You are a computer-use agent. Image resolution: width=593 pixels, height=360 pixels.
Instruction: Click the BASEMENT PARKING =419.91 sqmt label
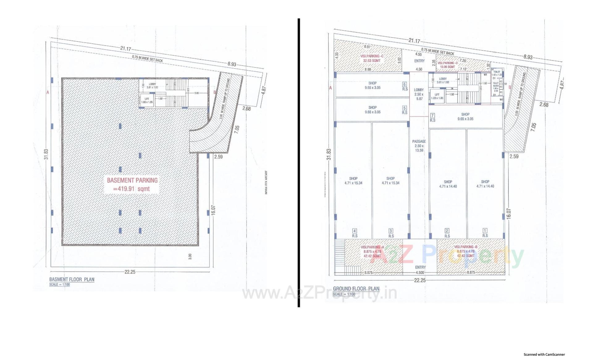(x=132, y=184)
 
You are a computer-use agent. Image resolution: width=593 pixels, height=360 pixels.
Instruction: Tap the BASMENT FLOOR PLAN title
(x=72, y=279)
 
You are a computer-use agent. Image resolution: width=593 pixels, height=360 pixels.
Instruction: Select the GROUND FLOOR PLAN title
(x=356, y=289)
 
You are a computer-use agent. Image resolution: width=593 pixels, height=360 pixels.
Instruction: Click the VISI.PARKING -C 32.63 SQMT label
(x=372, y=58)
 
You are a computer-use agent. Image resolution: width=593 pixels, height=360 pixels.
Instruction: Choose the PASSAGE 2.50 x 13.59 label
(x=419, y=146)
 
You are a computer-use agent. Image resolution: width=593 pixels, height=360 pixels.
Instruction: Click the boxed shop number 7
(x=432, y=116)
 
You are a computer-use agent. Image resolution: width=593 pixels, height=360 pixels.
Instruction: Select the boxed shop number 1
(x=485, y=231)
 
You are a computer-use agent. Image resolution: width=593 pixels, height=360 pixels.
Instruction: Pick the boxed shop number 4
(x=355, y=231)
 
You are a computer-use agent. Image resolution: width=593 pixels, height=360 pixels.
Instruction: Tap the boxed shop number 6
(x=405, y=84)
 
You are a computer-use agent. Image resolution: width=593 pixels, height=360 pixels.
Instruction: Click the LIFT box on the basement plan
(x=147, y=100)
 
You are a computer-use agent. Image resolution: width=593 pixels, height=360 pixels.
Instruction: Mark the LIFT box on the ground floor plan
(x=437, y=96)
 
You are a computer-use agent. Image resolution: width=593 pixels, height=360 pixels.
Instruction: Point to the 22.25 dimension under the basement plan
(x=130, y=272)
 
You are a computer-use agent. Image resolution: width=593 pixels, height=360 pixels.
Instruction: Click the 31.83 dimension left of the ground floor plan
(x=329, y=154)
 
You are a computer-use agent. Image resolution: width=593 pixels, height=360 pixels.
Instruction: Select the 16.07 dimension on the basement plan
(x=213, y=210)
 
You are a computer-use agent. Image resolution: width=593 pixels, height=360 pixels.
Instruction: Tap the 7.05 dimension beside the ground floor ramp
(x=534, y=127)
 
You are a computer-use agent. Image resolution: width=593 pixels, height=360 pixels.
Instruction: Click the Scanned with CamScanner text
(x=544, y=354)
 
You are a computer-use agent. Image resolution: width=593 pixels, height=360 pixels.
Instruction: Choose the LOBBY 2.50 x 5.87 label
(x=419, y=94)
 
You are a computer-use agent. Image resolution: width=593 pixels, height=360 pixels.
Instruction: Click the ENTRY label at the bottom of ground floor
(x=420, y=267)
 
